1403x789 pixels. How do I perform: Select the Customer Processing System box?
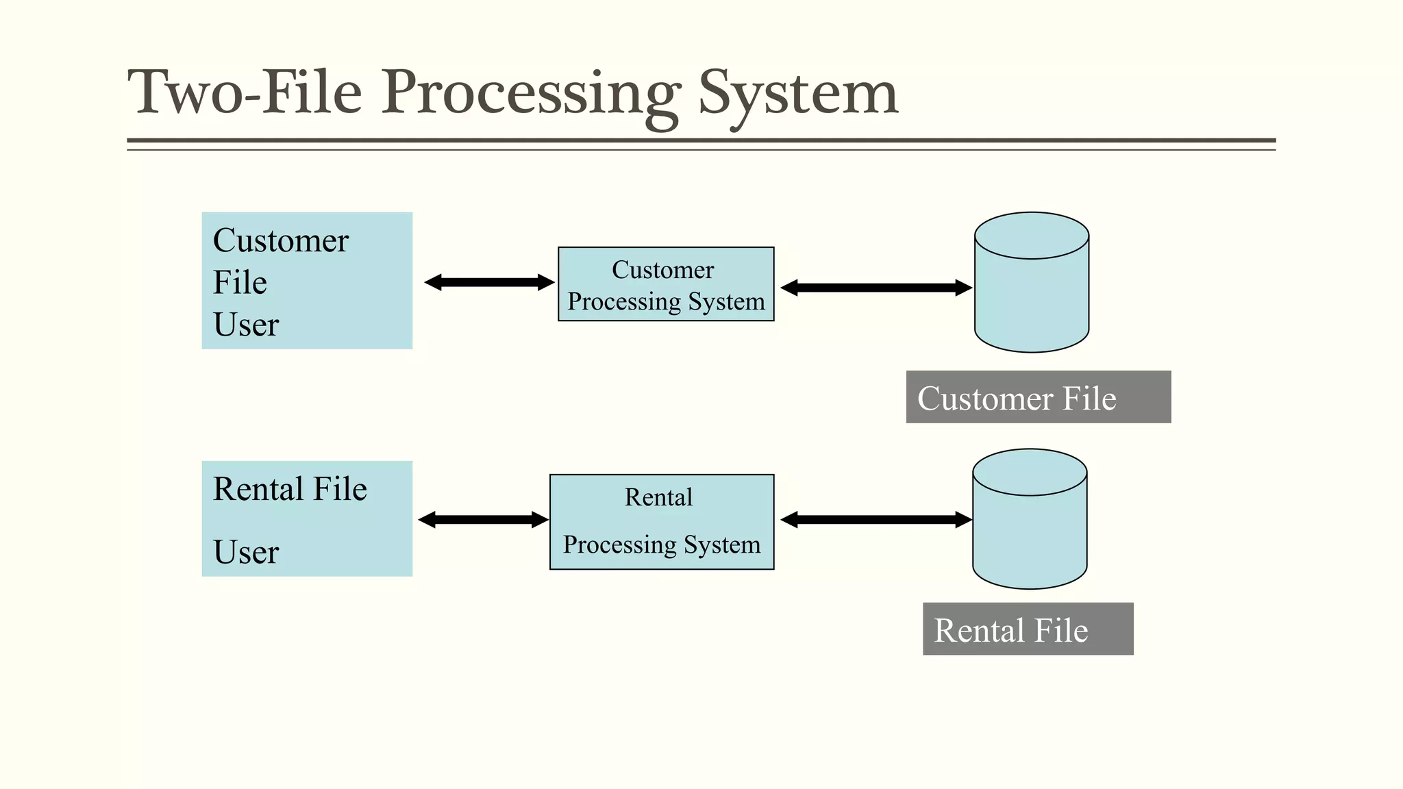coord(666,284)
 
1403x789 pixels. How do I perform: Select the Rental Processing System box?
coord(662,522)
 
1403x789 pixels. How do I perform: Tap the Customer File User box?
coord(307,281)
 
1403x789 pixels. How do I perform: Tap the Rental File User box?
coord(307,518)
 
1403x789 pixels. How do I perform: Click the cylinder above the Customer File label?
coord(1032,295)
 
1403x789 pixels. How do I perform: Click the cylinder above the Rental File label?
coord(1030,531)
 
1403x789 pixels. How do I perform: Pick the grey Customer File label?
coord(1038,397)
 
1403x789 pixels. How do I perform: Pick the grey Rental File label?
coord(1028,629)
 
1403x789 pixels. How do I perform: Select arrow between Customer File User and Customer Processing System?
coord(489,282)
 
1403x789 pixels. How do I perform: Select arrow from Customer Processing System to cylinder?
coord(876,288)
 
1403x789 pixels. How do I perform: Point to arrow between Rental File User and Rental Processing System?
coord(483,520)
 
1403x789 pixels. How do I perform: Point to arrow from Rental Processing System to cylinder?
coord(876,520)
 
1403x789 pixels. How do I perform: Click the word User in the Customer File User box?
coord(246,325)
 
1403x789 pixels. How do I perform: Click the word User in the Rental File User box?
coord(246,552)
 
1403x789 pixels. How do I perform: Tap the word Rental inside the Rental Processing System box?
coord(658,497)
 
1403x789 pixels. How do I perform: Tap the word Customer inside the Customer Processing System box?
coord(662,270)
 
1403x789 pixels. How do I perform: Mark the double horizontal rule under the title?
coord(701,144)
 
